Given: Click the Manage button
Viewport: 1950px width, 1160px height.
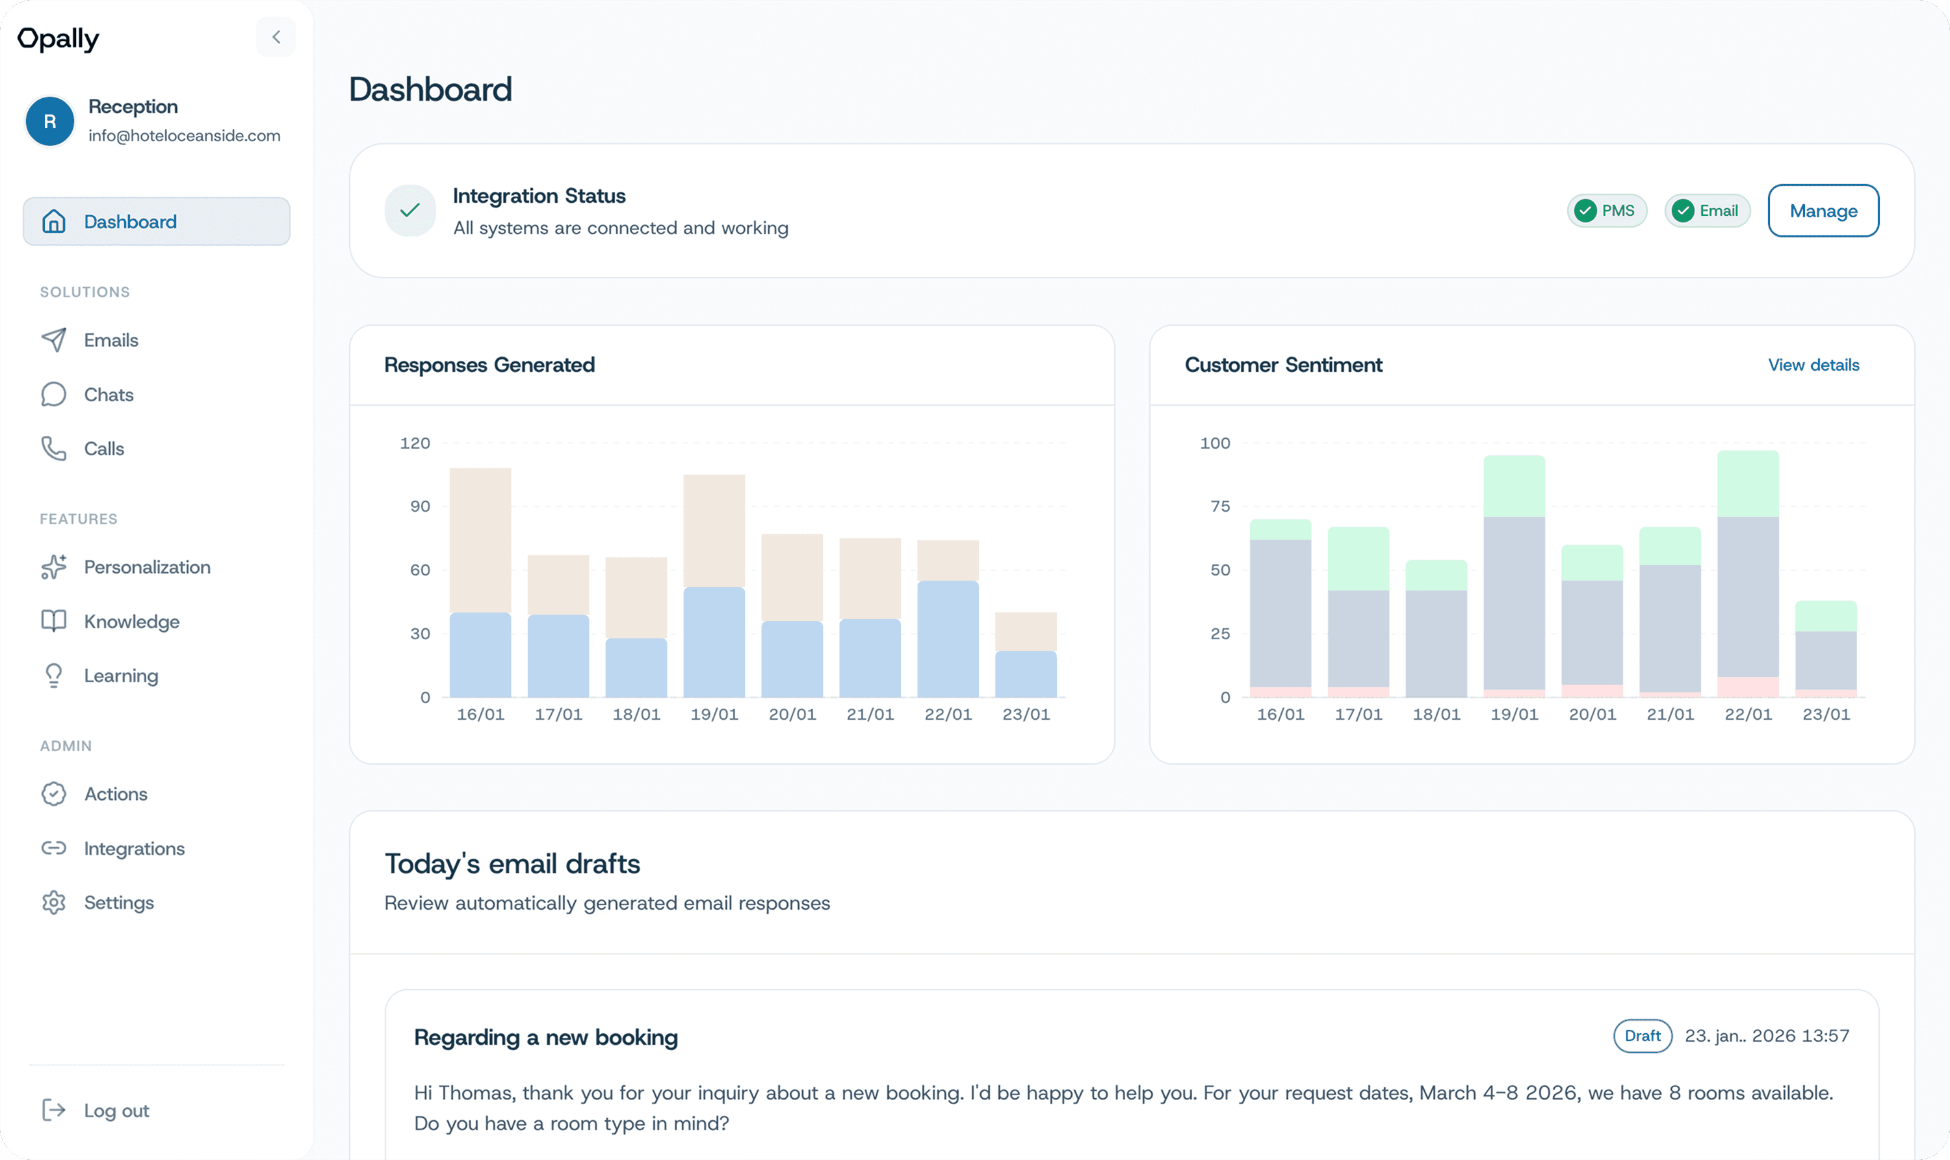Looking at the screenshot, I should [1823, 211].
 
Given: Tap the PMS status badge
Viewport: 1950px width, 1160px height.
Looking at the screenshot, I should [1606, 211].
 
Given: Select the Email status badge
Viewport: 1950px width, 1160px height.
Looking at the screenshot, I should [1707, 211].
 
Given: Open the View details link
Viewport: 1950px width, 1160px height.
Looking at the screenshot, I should [1813, 365].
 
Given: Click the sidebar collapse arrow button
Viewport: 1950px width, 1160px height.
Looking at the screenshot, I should [276, 37].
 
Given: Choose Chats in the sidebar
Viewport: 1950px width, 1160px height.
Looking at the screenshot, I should [109, 395].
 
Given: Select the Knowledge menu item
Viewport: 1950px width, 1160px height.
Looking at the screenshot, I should [131, 622].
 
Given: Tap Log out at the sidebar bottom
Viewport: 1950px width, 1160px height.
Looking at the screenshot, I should [116, 1111].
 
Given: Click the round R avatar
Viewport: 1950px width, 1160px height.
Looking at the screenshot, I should [50, 121].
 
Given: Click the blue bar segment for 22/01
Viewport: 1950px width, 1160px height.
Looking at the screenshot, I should [948, 639].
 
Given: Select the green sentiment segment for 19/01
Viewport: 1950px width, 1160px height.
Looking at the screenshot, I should [1514, 486].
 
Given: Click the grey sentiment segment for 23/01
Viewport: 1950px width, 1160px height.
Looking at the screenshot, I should [1826, 661].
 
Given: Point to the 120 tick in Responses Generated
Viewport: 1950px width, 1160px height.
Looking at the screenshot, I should [415, 443].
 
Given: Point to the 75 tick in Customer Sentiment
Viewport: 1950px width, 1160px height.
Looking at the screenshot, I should [1219, 507].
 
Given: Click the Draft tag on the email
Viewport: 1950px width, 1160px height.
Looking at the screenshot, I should [1642, 1036].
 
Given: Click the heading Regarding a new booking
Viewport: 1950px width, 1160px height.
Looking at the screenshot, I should [545, 1037].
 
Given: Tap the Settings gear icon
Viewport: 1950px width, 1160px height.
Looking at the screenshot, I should [54, 903].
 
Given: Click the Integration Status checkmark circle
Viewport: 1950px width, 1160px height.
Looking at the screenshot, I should [410, 210].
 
